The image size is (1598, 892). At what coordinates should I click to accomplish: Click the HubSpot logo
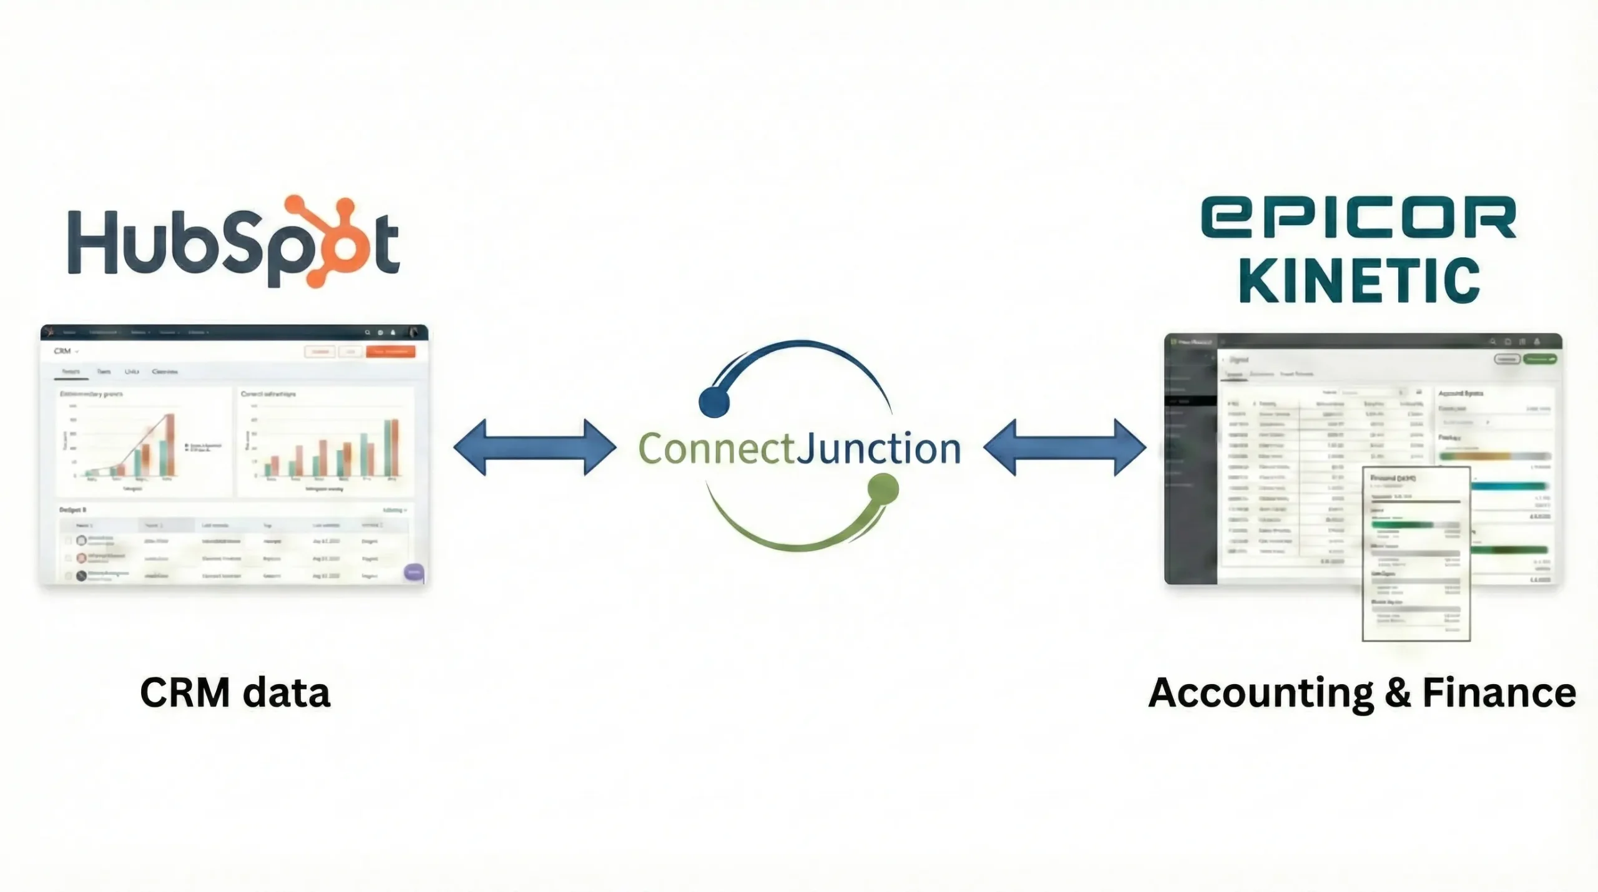233,242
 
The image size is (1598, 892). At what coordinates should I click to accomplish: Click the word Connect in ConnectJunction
717,449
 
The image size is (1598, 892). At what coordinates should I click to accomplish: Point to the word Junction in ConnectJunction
879,449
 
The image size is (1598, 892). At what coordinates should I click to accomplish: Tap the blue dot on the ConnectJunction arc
714,403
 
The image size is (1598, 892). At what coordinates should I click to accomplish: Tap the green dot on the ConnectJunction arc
883,489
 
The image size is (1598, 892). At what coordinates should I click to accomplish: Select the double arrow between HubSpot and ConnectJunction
535,448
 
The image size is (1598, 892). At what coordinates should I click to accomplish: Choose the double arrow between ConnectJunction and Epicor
1065,448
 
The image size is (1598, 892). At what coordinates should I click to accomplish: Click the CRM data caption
235,693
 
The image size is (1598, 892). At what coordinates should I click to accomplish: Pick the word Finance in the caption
1499,693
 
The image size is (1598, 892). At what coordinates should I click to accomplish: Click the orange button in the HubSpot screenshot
391,351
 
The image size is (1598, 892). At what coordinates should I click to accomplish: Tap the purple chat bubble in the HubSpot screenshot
414,572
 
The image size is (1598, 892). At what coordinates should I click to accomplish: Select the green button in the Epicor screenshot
1539,359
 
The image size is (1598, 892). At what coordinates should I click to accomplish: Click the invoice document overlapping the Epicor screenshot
1416,554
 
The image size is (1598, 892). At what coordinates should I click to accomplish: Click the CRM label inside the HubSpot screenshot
62,351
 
